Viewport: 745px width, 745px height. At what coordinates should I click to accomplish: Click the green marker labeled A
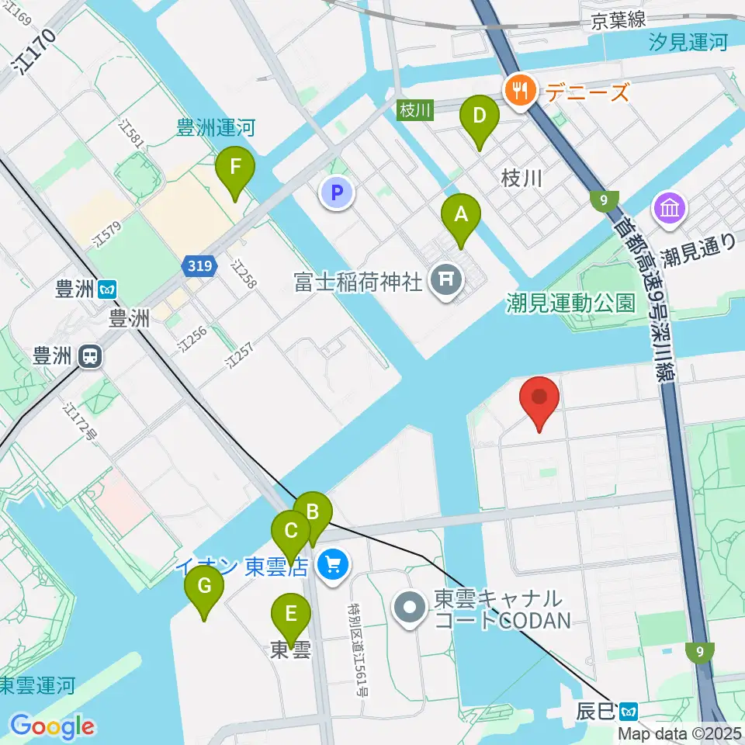coord(461,213)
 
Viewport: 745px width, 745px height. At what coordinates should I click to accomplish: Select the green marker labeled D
coord(480,116)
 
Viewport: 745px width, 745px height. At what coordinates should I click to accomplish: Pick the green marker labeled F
coord(234,166)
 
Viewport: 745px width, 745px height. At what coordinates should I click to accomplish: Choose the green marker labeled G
coord(204,586)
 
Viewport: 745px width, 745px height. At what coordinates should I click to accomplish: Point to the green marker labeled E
coord(291,615)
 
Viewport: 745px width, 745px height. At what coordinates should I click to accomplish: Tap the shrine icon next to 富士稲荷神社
coord(445,279)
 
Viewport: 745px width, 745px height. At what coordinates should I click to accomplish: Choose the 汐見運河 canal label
coord(689,43)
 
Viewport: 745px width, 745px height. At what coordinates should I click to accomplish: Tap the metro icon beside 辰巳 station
coord(630,709)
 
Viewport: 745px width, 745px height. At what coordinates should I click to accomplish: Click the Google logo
coord(53,726)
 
